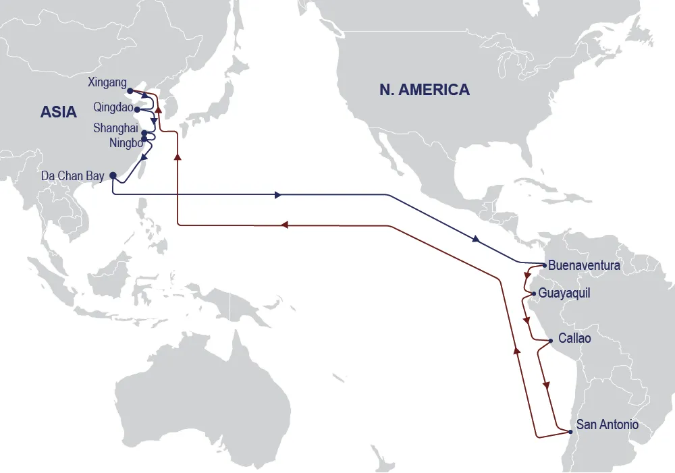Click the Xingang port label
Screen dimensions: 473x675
[x=107, y=83]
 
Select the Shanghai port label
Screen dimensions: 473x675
[x=115, y=128]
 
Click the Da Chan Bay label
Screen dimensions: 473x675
[x=72, y=176]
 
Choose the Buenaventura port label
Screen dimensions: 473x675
[x=584, y=266]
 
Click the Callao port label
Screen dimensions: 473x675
[x=574, y=339]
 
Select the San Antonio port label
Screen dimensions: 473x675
[x=607, y=425]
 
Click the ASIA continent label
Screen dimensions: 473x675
[x=59, y=112]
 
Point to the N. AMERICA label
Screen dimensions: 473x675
[x=425, y=90]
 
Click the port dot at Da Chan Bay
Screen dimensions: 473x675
[x=112, y=175]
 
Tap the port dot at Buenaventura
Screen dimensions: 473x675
[x=544, y=265]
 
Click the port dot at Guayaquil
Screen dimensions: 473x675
[x=534, y=294]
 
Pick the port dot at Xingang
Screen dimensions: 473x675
[x=130, y=90]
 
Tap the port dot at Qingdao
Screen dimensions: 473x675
[x=136, y=109]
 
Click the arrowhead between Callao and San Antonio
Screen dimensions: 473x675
[x=547, y=384]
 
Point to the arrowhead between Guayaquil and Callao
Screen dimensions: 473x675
[x=526, y=320]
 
